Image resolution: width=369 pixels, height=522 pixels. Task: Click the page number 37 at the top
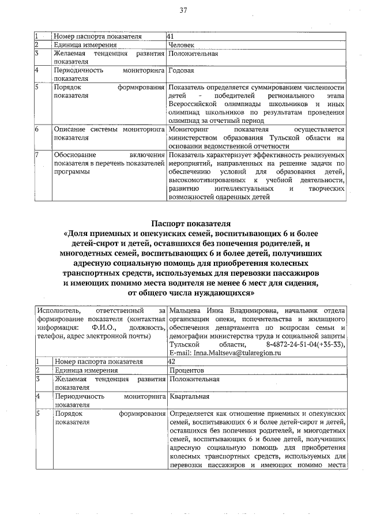(x=184, y=10)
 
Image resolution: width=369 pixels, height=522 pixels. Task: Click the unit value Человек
(x=182, y=45)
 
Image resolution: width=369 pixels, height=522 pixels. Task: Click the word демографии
(x=188, y=335)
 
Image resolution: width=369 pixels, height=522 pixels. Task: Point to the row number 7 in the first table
(x=36, y=155)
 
